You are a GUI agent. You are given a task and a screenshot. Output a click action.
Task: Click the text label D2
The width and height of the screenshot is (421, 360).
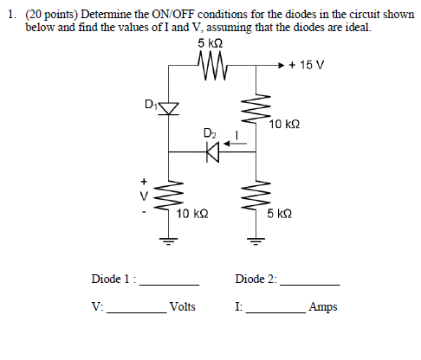pyautogui.click(x=209, y=134)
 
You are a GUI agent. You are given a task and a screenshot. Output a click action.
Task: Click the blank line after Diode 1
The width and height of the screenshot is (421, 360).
pyautogui.click(x=170, y=284)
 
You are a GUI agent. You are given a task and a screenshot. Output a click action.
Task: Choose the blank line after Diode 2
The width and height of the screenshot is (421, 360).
pyautogui.click(x=310, y=284)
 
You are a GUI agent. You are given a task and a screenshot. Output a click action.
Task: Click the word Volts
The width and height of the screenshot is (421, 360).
pyautogui.click(x=183, y=306)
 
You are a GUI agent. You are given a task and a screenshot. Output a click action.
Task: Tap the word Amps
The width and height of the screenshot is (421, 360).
pyautogui.click(x=323, y=306)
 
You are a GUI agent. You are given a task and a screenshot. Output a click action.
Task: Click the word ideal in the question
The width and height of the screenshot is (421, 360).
pyautogui.click(x=357, y=27)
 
